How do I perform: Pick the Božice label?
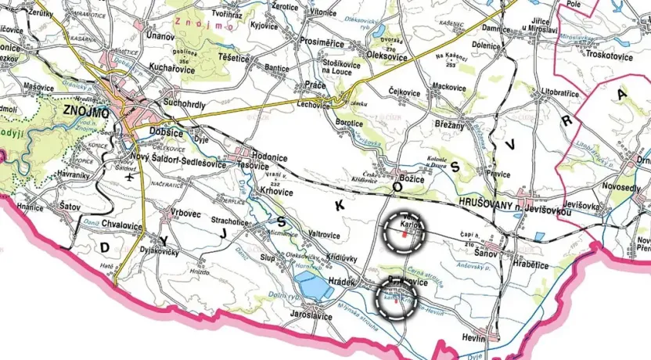coord(412,178)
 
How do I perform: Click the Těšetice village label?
coord(229,57)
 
